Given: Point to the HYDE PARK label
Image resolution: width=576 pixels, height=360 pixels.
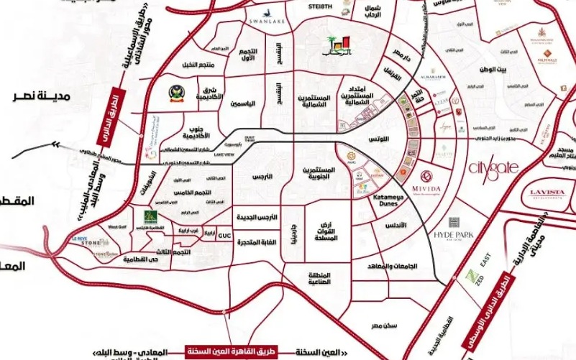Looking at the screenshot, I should point(454,235).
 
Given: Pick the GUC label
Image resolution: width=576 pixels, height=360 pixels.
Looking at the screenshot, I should point(223,234).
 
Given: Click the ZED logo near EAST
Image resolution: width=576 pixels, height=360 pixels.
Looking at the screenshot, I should point(472,278).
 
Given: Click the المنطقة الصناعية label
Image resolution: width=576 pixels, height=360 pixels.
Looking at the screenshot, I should point(323,279).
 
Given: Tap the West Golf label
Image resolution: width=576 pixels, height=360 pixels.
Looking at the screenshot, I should point(117,227).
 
